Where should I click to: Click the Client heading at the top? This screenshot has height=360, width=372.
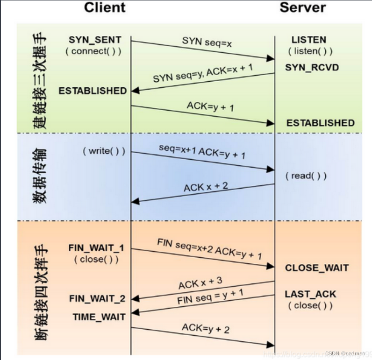[105, 7]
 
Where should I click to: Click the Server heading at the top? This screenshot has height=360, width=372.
[302, 7]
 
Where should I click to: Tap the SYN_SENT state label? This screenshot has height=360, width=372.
[95, 40]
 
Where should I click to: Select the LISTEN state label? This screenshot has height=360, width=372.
[308, 40]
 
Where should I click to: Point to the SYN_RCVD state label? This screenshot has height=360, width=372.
[312, 68]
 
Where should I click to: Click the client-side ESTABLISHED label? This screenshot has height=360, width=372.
[93, 91]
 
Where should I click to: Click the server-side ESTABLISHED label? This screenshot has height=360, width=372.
[321, 123]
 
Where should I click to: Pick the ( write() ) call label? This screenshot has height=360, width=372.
[104, 152]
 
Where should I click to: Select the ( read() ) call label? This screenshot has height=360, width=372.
[306, 176]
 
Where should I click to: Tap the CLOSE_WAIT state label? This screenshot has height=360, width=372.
[317, 268]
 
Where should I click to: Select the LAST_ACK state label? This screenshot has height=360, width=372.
[310, 294]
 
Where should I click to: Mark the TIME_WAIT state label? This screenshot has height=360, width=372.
[99, 317]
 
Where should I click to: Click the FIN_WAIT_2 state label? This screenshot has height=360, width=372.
[97, 298]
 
